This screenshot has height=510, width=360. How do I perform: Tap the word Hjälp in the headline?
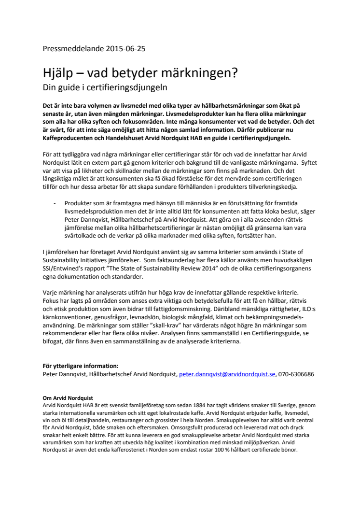pyautogui.click(x=59, y=75)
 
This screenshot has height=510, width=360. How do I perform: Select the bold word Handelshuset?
pyautogui.click(x=137, y=137)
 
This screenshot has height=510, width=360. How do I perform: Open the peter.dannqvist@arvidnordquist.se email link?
pyautogui.click(x=227, y=374)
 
